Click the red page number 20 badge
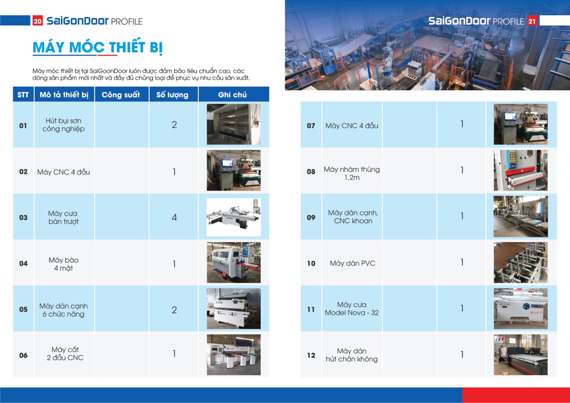(x=38, y=21)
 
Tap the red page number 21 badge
(x=532, y=21)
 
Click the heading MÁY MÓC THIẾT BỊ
(x=98, y=47)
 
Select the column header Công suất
(x=121, y=95)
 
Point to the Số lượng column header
(x=172, y=95)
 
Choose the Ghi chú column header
(x=233, y=95)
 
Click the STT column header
(x=23, y=95)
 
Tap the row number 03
(x=23, y=217)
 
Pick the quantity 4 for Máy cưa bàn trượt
(x=174, y=217)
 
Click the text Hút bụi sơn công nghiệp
(x=63, y=125)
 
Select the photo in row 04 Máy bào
(x=234, y=262)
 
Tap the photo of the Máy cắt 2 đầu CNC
(x=234, y=355)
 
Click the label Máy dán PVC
(x=352, y=263)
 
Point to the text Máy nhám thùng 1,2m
(x=352, y=173)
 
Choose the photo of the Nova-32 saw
(x=521, y=308)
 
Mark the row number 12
(x=311, y=355)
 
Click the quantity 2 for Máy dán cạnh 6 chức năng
(x=174, y=310)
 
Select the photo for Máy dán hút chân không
(x=521, y=355)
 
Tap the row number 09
(x=311, y=217)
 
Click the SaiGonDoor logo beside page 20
(x=78, y=21)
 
